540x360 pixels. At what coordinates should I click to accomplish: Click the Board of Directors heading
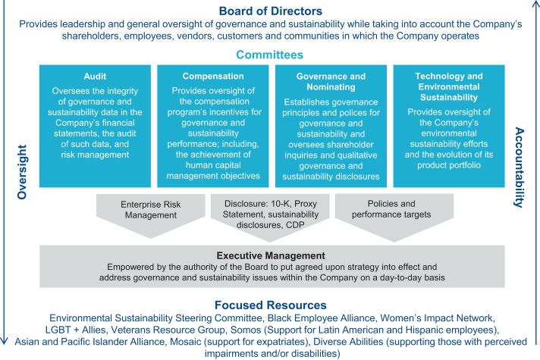[x=270, y=11]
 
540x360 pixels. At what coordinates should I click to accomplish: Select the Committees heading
[x=269, y=55]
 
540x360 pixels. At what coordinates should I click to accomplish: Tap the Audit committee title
[x=95, y=77]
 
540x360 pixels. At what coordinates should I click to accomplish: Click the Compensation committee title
[x=213, y=77]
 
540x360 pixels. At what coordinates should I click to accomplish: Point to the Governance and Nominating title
[x=331, y=82]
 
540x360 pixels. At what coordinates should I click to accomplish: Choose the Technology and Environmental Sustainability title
[x=450, y=87]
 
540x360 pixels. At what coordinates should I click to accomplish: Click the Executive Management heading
[x=269, y=256]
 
